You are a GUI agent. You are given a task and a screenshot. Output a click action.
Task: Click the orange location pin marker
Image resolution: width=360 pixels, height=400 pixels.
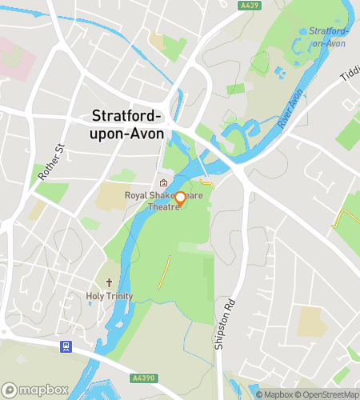click(x=180, y=198)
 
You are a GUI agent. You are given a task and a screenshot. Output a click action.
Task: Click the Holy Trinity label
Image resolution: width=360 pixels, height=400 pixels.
click(x=110, y=296)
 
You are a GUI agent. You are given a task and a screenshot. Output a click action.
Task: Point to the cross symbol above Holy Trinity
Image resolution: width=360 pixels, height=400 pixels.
click(x=110, y=283)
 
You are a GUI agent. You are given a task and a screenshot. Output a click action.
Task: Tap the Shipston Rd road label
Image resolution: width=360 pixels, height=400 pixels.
click(x=231, y=296)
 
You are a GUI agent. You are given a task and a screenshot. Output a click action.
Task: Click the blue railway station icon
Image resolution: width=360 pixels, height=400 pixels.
click(x=66, y=346)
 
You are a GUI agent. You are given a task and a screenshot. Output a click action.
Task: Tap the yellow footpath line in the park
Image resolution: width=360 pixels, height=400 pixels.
click(x=164, y=273)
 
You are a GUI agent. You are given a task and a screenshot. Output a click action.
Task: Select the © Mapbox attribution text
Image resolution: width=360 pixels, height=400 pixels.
click(x=278, y=394)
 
